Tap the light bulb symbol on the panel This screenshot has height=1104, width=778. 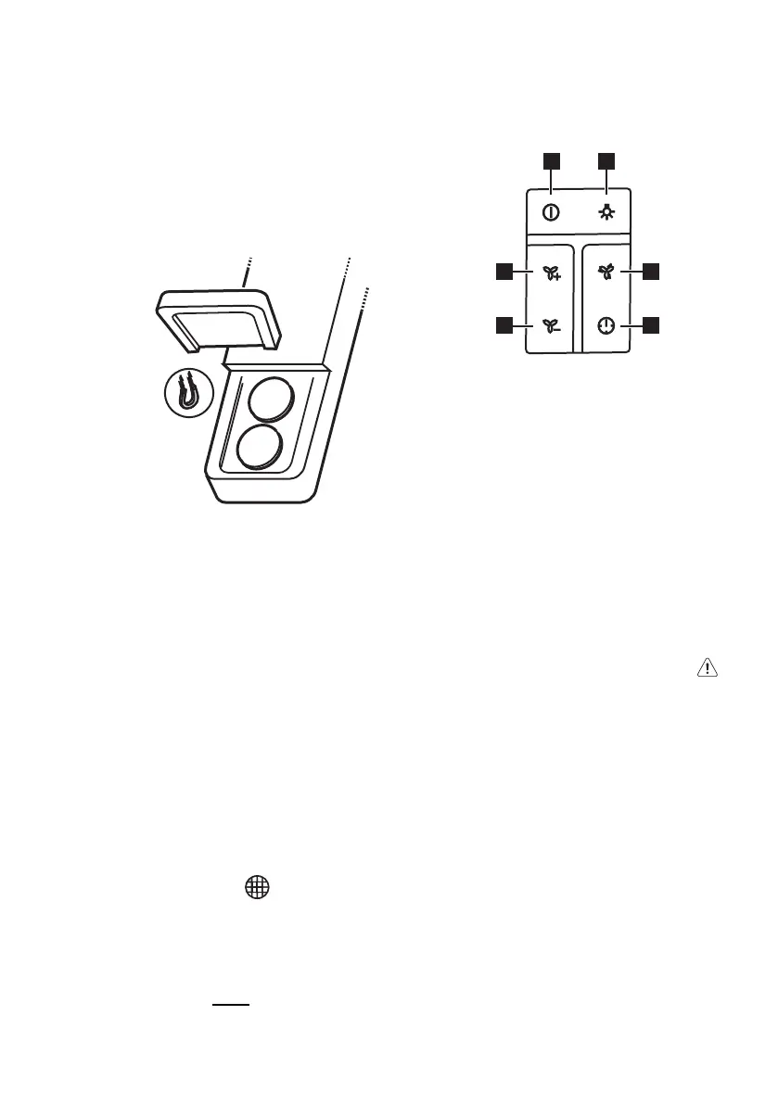pos(607,212)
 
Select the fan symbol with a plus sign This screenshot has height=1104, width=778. pos(552,273)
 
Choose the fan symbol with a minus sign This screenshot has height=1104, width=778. pos(552,326)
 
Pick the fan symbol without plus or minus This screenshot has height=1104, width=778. pos(606,273)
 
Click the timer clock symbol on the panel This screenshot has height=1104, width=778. pos(606,326)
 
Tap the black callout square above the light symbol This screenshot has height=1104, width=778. pos(607,161)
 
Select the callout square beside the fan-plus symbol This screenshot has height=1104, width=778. pos(504,272)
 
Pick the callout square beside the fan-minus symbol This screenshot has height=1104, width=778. pos(504,325)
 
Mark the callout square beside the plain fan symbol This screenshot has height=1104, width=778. pos(652,272)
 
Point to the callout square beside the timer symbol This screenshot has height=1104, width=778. pos(652,325)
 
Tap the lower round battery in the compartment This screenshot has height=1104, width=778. pos(261,449)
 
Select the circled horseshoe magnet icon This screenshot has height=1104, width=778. pos(189,395)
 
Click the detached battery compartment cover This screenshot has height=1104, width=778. pos(219,319)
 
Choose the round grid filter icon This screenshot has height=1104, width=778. pos(257,888)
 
